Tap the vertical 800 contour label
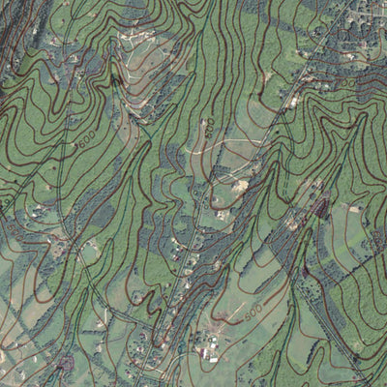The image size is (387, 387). (x=207, y=127)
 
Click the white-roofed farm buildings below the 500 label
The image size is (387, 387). (x=207, y=353)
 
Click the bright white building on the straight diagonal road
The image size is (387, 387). (x=293, y=101)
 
